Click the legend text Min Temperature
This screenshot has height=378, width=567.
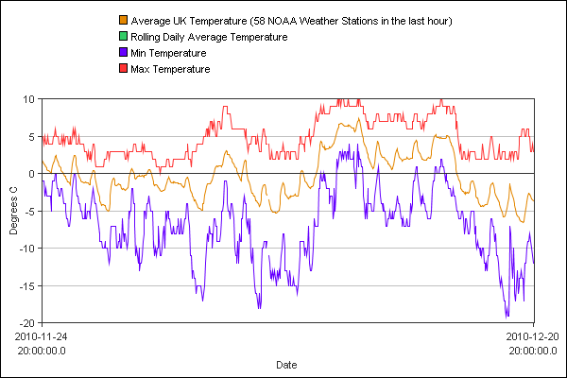(168, 53)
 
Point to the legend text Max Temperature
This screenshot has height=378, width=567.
(170, 69)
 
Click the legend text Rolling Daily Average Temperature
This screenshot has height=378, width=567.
(209, 37)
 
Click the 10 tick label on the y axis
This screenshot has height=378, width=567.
(28, 98)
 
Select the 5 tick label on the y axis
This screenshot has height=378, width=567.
(31, 136)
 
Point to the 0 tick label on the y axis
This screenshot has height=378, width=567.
(31, 173)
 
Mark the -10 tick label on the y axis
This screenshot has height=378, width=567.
(26, 248)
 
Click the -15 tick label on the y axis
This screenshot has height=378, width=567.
(26, 285)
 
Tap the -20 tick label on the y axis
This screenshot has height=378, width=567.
(26, 322)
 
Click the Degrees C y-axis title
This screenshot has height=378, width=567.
(13, 210)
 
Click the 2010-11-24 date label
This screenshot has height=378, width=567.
(42, 335)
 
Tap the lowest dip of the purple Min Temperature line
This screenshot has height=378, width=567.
(507, 317)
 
